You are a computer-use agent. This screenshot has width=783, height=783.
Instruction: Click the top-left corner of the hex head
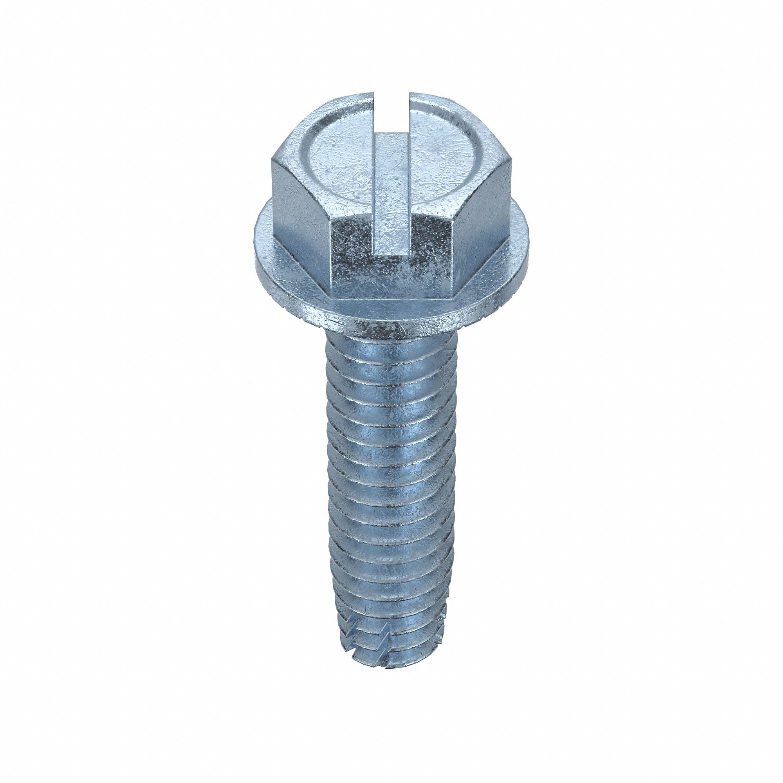pos(272,160)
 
